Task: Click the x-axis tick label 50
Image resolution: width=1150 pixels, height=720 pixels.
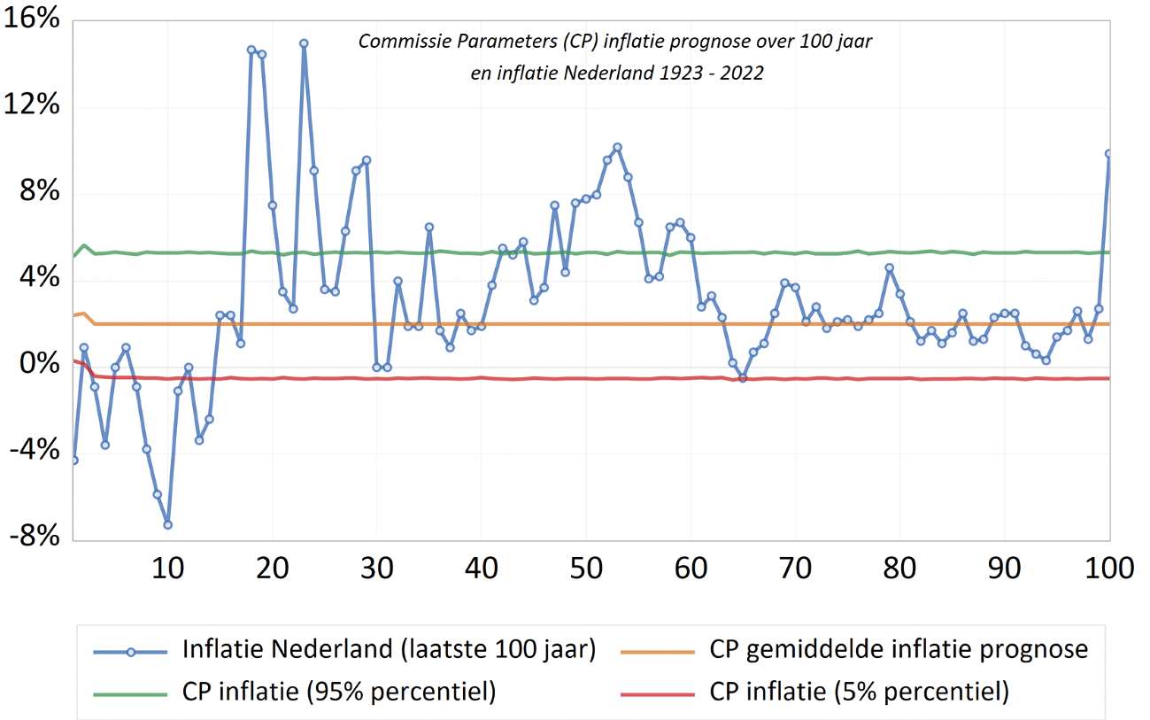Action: pos(586,568)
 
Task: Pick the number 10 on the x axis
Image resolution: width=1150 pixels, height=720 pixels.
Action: pos(167,568)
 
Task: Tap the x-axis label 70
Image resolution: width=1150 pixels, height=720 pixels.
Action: pos(795,568)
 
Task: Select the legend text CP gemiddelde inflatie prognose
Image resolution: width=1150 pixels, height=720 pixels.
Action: pos(899,649)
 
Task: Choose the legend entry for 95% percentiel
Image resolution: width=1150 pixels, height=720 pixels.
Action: pos(338,692)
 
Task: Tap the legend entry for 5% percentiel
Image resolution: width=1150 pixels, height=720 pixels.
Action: pos(859,692)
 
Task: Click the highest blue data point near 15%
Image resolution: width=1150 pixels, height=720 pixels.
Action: pos(304,43)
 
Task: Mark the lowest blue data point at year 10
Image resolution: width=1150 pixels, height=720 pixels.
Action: pos(167,524)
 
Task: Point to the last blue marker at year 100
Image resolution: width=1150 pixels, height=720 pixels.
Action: pos(1109,154)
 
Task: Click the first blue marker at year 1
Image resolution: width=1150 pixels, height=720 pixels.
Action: pos(73,461)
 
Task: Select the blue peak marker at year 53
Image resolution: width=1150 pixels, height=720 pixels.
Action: pos(617,147)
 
